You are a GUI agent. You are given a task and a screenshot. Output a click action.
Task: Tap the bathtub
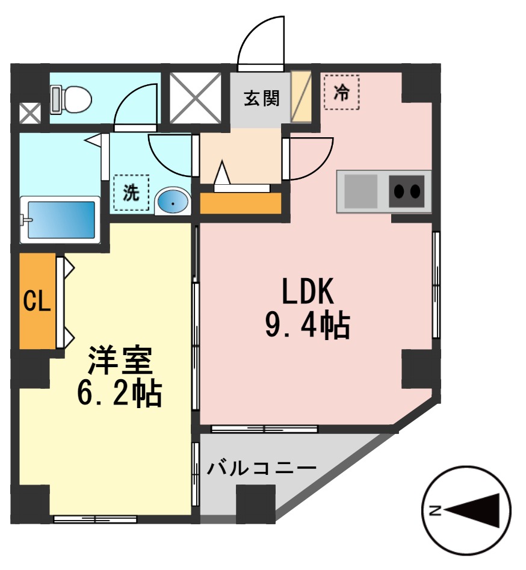(x=60, y=220)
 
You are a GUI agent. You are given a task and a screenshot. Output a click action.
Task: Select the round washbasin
(x=173, y=203)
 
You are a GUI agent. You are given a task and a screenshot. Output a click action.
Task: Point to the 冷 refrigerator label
(x=341, y=92)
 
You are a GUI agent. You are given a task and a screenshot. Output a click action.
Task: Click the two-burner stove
(x=407, y=191)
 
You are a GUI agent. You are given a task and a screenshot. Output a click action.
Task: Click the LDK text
(x=308, y=293)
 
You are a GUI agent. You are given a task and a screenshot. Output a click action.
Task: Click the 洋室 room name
(x=120, y=362)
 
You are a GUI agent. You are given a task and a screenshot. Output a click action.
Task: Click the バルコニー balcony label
(x=262, y=468)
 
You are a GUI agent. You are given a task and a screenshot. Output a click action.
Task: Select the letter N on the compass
(x=435, y=511)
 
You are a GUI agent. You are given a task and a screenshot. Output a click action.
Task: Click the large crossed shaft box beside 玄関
(x=195, y=98)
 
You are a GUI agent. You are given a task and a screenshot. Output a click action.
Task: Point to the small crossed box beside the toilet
(x=29, y=113)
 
